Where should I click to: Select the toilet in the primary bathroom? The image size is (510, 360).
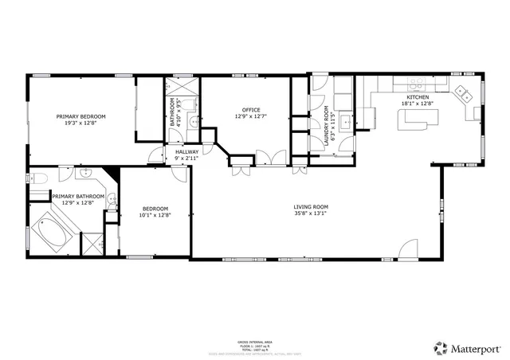44,177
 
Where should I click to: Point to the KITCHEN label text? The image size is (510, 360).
418,97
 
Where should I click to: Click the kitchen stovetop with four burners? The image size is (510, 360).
416,83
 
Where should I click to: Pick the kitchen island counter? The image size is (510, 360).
418,119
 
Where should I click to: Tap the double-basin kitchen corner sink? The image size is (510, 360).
464,93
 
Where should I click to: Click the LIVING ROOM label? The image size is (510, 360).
311,207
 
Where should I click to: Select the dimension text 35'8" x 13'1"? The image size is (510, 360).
311,213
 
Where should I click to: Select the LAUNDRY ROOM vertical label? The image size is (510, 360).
326,124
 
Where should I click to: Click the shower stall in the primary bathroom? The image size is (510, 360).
92,242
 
